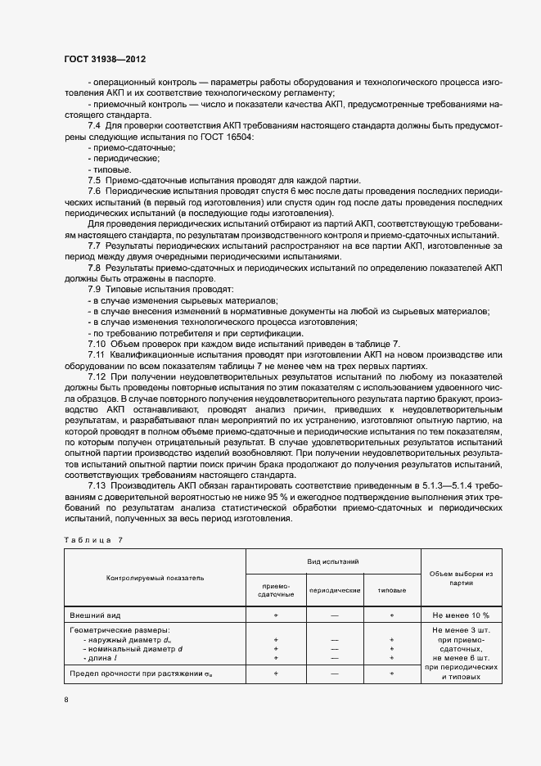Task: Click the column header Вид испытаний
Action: [333, 561]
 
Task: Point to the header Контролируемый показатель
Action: [155, 578]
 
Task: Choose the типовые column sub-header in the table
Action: [391, 590]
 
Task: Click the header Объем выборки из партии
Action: [461, 578]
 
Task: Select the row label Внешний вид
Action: [95, 613]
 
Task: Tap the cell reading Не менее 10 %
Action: [461, 613]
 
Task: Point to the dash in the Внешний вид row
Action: [334, 613]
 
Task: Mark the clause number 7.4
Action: [93, 125]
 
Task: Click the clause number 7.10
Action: [97, 344]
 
